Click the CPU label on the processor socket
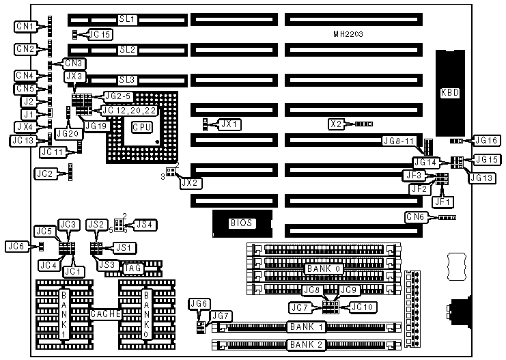click(141, 127)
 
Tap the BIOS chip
click(241, 223)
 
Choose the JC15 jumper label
click(100, 34)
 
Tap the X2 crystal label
click(335, 124)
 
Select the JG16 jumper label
click(486, 140)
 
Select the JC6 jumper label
click(16, 246)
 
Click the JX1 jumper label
click(228, 124)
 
